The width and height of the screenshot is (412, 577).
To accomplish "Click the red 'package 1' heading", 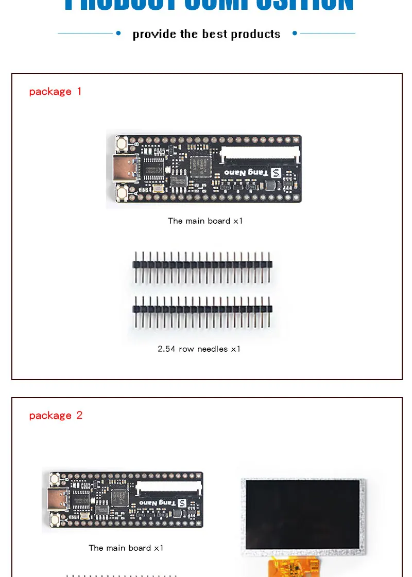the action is pos(55,92).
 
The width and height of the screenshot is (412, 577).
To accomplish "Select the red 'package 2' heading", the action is pos(56,416).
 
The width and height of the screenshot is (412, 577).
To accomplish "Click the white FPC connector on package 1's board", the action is pos(260,153).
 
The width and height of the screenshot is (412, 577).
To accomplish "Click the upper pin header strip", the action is pos(202,265).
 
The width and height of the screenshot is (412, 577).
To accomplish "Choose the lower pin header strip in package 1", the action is pos(202,310).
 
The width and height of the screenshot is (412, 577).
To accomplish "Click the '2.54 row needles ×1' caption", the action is pos(199,349).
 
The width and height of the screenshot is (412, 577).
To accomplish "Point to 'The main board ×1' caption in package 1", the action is pos(205,221).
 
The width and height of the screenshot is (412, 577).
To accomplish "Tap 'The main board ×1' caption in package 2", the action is pos(126,548).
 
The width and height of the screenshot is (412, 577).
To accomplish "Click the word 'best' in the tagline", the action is pos(215,34).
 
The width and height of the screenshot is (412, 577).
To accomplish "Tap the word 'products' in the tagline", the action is pos(256,34).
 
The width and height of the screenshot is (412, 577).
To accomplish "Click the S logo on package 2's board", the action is pos(181,502).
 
